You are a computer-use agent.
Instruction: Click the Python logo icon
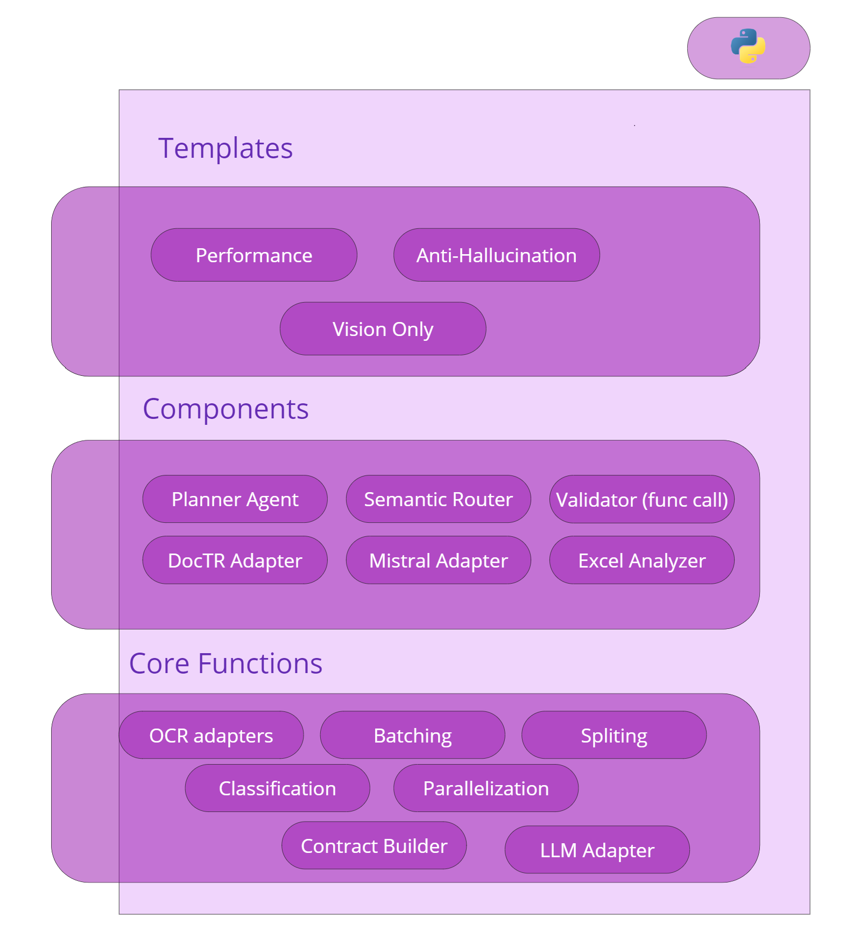coord(748,46)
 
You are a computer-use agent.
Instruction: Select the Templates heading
coord(225,148)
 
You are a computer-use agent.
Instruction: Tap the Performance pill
coord(254,255)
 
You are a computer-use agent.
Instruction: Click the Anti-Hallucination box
coord(497,255)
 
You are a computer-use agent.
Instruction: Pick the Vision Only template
coord(383,329)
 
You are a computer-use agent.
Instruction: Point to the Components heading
coord(226,409)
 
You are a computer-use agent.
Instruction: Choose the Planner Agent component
coord(235,499)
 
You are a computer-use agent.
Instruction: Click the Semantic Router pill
coord(439,499)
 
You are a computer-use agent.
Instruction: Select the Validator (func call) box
coord(642,499)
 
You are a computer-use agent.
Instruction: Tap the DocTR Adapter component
coord(235,560)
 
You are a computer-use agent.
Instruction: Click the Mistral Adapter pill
coord(439,560)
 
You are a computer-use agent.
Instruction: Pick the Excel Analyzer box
coord(642,560)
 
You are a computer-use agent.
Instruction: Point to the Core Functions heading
coord(226,663)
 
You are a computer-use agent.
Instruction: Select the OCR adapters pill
coord(211,735)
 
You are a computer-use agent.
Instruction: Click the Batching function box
coord(413,735)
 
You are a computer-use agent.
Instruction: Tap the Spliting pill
coord(614,735)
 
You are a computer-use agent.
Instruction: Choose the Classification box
coord(278,788)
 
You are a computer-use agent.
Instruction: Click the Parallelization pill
coord(486,788)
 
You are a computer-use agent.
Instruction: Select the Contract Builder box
coord(374,845)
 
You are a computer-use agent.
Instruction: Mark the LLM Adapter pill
coord(597,850)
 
